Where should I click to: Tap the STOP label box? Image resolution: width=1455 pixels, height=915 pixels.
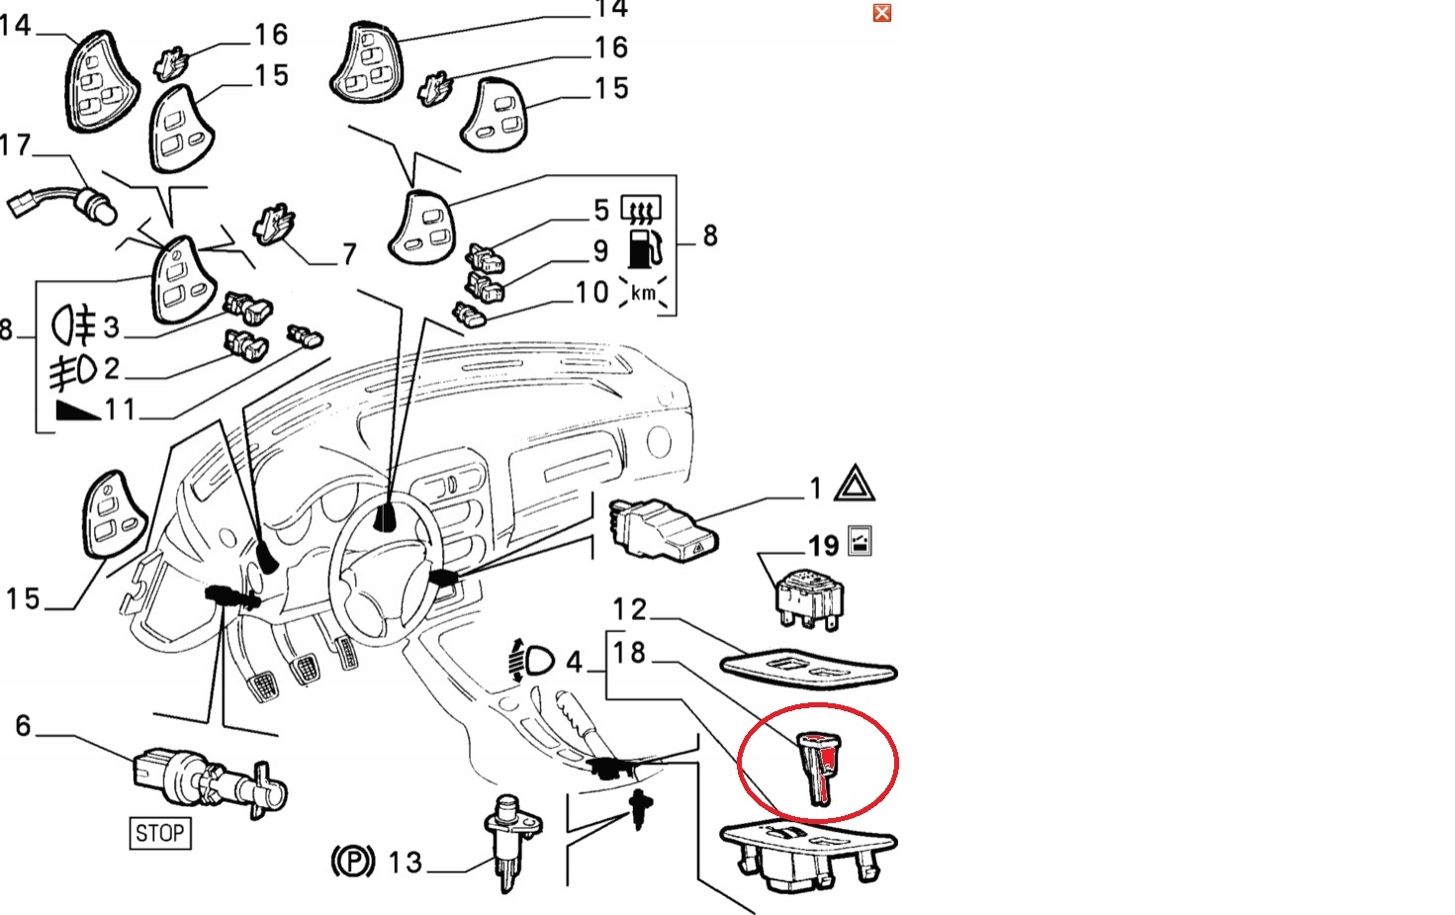click(x=159, y=833)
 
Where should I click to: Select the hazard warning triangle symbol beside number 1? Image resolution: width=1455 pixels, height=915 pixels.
click(x=854, y=483)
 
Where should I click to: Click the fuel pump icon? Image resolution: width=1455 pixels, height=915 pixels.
click(x=643, y=248)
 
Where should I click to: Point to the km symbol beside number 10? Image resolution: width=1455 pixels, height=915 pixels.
click(x=643, y=292)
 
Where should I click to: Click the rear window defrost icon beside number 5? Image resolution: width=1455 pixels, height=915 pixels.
click(x=640, y=209)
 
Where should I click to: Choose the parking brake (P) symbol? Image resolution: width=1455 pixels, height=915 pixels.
click(x=352, y=862)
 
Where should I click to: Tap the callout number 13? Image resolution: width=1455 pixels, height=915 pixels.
click(x=405, y=863)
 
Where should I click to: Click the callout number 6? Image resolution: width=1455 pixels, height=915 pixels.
click(x=24, y=725)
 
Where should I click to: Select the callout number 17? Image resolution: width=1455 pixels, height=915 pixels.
click(x=15, y=145)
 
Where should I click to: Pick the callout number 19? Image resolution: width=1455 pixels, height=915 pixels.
click(x=823, y=546)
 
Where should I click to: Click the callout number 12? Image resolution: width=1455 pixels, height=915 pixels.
click(x=629, y=609)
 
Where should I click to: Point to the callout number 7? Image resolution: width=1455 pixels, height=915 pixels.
click(x=348, y=254)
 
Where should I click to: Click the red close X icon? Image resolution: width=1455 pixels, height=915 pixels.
click(x=882, y=12)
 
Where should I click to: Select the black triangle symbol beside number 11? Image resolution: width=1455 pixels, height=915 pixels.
click(x=78, y=410)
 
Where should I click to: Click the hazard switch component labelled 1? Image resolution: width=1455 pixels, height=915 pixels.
click(x=664, y=528)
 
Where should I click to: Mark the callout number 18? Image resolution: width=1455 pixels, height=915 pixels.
click(x=629, y=652)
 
